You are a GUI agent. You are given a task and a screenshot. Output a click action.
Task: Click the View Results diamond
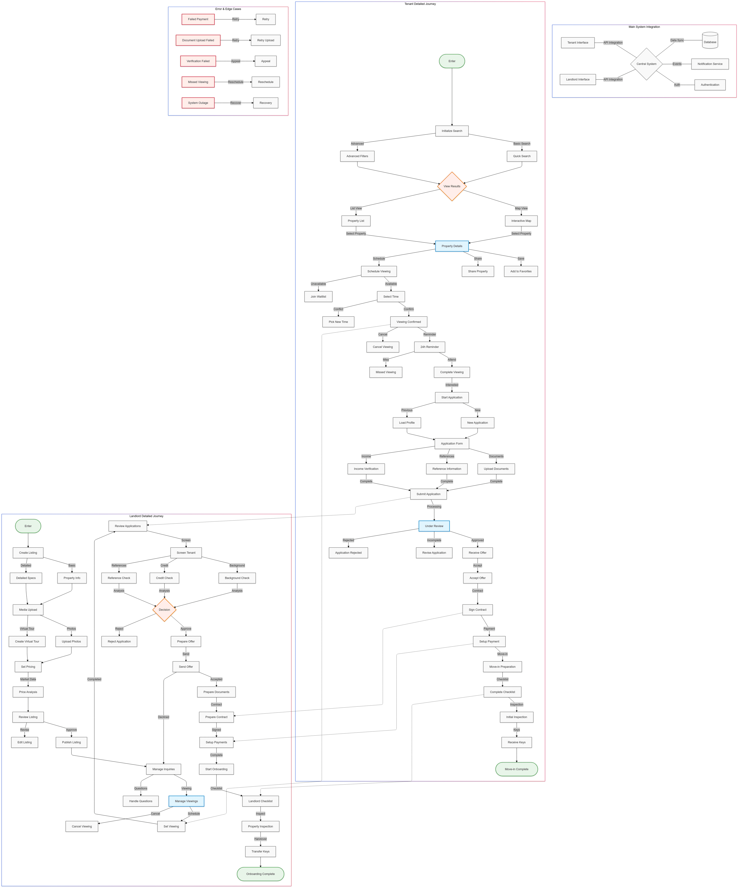click(x=452, y=186)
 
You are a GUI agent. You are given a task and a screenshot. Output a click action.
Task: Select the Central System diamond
click(x=646, y=64)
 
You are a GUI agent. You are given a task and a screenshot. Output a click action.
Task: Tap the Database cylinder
click(x=710, y=40)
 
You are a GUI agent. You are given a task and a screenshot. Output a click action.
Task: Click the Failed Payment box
click(x=198, y=19)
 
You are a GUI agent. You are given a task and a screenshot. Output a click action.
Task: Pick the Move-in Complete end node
click(x=517, y=769)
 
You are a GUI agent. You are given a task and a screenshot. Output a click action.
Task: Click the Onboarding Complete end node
click(x=260, y=874)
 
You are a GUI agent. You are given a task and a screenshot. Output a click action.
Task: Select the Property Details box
click(x=452, y=246)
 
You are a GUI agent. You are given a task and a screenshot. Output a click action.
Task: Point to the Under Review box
click(x=434, y=526)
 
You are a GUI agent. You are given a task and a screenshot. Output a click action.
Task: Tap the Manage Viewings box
click(x=187, y=801)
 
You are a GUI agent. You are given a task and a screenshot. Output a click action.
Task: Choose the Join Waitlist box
click(x=318, y=297)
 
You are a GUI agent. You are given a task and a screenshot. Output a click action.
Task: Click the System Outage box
click(x=198, y=103)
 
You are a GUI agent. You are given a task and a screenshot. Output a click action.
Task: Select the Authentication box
click(x=710, y=85)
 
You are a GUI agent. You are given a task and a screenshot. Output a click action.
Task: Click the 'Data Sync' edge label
click(x=677, y=40)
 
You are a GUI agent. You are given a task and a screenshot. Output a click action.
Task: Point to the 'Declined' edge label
click(x=164, y=717)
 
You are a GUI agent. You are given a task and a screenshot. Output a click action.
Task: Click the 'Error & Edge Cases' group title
click(x=228, y=9)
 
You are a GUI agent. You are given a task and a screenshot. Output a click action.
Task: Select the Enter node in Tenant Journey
click(x=452, y=61)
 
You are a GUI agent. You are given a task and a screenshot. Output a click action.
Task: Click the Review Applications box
click(x=128, y=526)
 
